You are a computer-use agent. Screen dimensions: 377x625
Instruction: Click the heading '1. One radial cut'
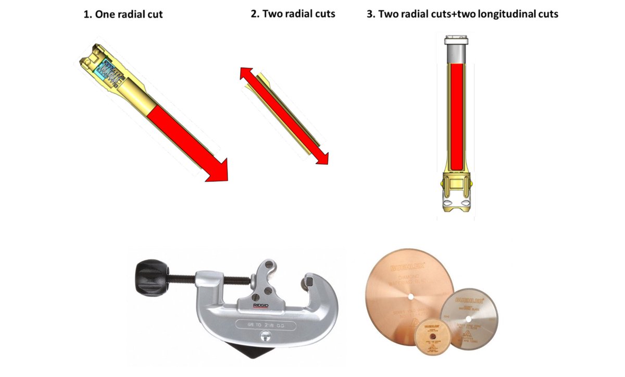tap(123, 15)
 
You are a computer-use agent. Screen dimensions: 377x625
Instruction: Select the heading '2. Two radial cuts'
tap(293, 14)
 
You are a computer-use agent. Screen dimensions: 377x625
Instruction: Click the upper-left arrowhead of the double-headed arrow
tap(245, 74)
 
